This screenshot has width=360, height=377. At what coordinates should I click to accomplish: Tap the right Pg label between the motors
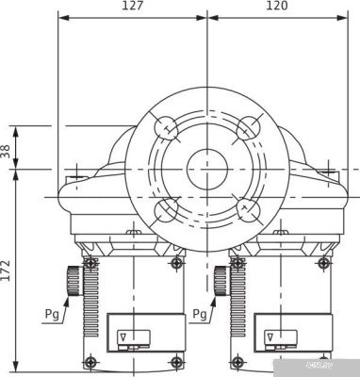(199, 313)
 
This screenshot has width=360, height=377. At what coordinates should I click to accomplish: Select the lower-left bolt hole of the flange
(166, 210)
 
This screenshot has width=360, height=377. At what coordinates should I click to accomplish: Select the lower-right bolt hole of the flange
(249, 209)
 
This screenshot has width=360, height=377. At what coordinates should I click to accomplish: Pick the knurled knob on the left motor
(72, 280)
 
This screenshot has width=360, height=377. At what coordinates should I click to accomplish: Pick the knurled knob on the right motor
(221, 280)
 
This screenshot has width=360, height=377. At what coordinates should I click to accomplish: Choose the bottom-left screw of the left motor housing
(90, 362)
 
